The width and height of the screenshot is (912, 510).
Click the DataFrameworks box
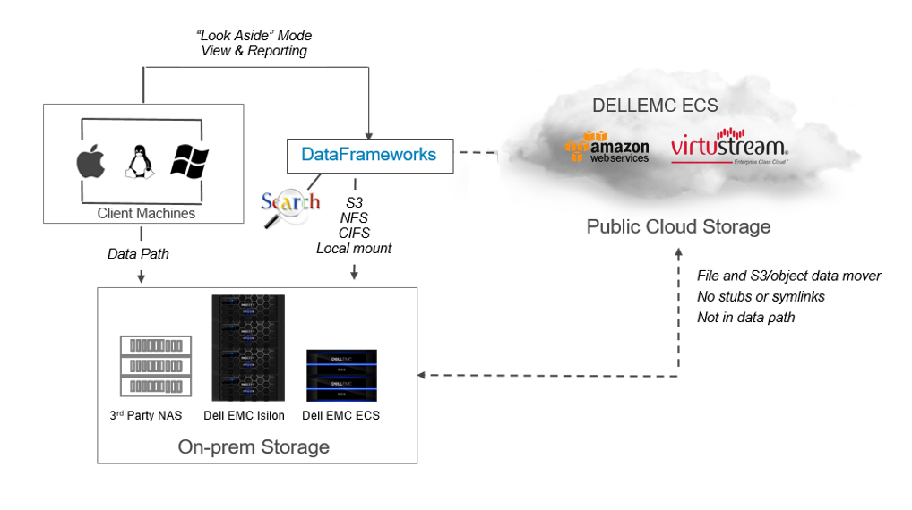tap(369, 155)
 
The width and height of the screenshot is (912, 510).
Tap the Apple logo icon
tap(90, 162)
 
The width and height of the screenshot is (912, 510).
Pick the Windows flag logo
tap(189, 162)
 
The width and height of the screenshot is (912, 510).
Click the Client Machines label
tap(146, 214)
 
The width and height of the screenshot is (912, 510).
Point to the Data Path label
tap(138, 254)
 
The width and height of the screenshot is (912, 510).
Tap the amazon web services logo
tap(607, 146)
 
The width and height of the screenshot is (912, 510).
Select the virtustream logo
tap(730, 148)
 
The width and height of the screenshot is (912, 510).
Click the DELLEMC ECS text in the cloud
tap(655, 106)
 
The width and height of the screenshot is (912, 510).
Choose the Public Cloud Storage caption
tap(678, 226)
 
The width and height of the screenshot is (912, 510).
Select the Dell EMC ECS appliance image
tap(341, 375)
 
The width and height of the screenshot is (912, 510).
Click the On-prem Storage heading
tap(254, 446)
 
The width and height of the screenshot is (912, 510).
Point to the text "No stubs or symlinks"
tap(761, 296)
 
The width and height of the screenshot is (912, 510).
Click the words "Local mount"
tap(354, 249)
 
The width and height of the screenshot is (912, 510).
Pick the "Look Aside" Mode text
tap(254, 36)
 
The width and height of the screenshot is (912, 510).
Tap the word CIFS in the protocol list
tap(354, 234)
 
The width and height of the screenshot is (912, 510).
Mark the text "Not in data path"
tap(746, 317)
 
